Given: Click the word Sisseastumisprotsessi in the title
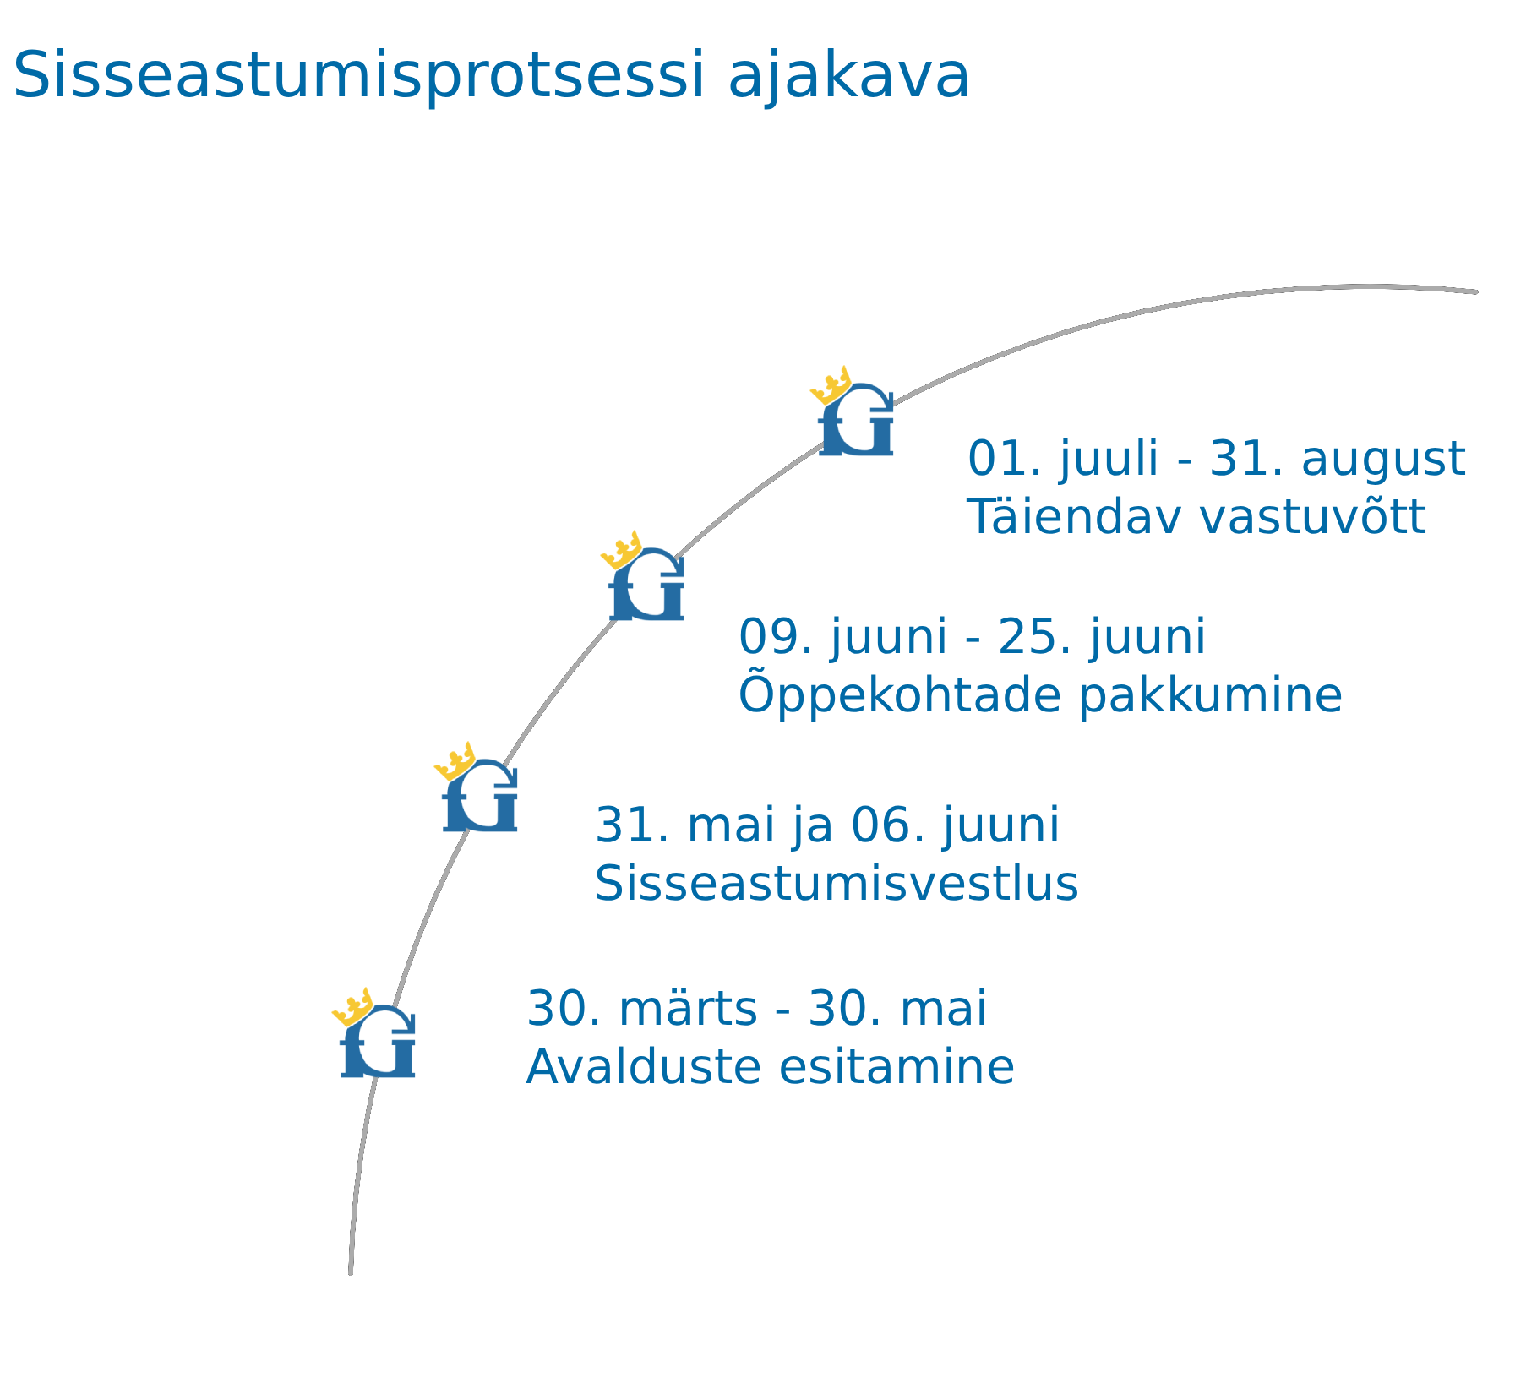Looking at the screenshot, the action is tap(358, 77).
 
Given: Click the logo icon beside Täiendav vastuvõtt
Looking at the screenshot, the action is tap(853, 412).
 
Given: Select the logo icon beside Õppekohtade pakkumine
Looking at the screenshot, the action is tap(643, 577).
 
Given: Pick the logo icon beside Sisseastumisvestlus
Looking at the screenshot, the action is tap(477, 788).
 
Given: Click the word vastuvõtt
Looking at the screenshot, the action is tap(1312, 518).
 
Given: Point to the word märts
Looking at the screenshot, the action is tap(689, 1009).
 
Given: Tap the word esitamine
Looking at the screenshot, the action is tap(897, 1067).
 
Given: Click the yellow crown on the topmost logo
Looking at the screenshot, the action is tap(831, 384).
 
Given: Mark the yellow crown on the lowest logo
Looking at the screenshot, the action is tap(353, 1006).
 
